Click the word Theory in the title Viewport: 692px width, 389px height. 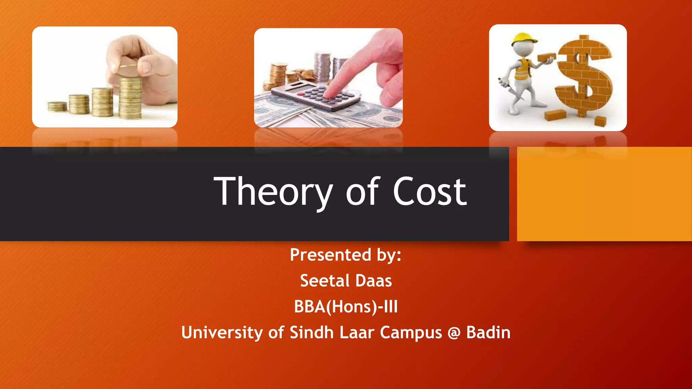click(273, 192)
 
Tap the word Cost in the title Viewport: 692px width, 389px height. click(429, 192)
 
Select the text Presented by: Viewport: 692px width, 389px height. click(345, 255)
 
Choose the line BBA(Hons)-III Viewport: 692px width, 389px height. click(346, 307)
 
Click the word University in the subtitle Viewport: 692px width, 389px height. click(222, 333)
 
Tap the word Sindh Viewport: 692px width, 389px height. click(312, 333)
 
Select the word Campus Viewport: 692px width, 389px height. click(411, 333)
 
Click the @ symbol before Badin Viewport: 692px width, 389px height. click(454, 333)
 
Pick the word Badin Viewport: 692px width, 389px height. click(488, 333)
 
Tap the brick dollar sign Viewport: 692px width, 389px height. click(584, 76)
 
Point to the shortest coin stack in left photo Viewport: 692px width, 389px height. click(57, 107)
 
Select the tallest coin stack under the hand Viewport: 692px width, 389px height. click(130, 98)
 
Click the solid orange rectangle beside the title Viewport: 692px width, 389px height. click(604, 194)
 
